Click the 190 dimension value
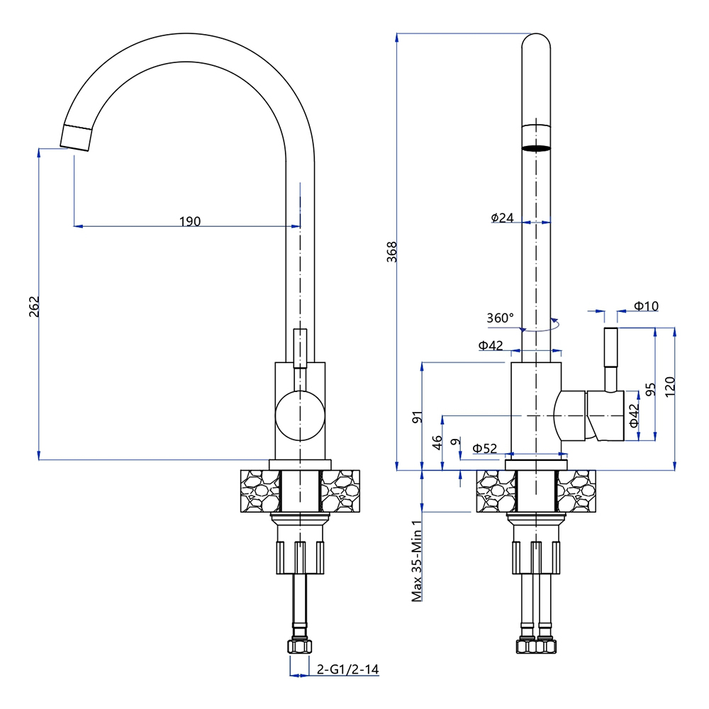[x=189, y=221]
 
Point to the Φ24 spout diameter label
[x=502, y=218]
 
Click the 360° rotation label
[x=501, y=318]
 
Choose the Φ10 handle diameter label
[x=646, y=306]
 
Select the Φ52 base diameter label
[x=484, y=448]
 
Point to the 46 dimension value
[x=437, y=442]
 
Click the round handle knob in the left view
[x=300, y=415]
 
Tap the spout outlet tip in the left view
[x=77, y=137]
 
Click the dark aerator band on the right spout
[x=536, y=148]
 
